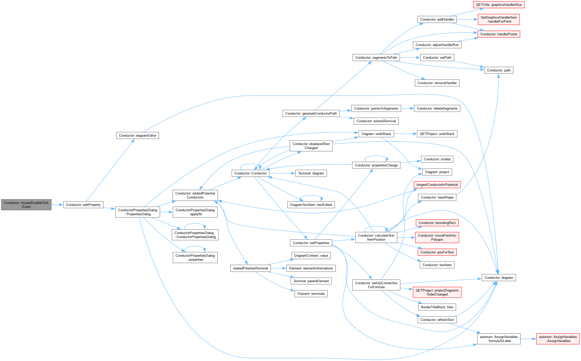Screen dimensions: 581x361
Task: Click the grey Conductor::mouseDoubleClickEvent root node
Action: pos(26,205)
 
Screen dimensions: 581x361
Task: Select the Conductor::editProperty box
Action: pos(83,205)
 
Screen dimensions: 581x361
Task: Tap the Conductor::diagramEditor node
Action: pos(137,135)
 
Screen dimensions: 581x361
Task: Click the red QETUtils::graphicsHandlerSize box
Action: pos(499,5)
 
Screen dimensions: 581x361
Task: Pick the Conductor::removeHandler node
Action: pos(437,83)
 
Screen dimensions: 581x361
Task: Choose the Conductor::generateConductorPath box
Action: pos(311,113)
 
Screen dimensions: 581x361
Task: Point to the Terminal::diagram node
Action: pos(311,173)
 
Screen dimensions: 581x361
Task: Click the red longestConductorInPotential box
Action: pos(437,185)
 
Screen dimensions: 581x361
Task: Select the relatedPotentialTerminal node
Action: pos(251,268)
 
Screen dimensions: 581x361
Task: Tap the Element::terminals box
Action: pos(311,294)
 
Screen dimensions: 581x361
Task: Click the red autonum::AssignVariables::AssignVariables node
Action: pos(558,339)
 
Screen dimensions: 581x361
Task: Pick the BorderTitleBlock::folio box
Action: pos(437,307)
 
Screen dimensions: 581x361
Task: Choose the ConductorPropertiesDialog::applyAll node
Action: pos(195,212)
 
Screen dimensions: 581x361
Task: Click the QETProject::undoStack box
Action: pos(437,134)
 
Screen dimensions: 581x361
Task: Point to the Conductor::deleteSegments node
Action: pos(437,109)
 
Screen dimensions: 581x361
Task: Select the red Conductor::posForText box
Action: pos(437,252)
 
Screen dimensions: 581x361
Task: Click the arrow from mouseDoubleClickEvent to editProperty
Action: pos(57,205)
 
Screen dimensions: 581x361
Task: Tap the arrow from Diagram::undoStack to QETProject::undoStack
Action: pos(405,134)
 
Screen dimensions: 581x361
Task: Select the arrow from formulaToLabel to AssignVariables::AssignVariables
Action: pos(528,339)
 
